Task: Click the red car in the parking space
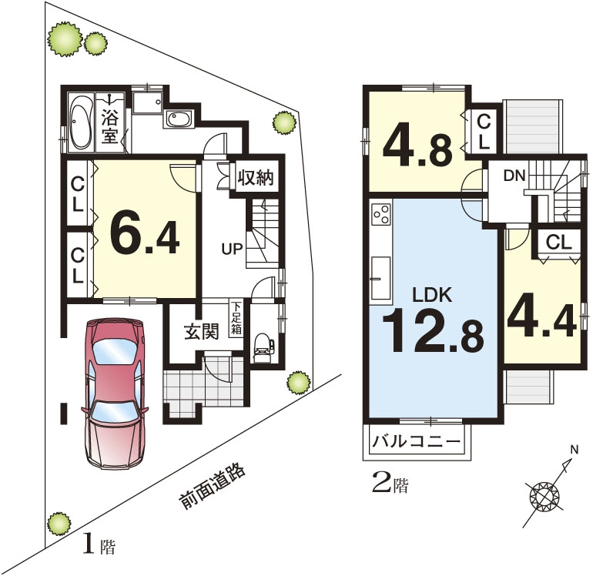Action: point(115,393)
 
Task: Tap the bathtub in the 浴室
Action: point(80,121)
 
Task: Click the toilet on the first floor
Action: point(263,346)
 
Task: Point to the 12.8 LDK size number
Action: point(432,333)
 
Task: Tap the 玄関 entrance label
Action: point(202,331)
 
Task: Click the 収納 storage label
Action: point(255,178)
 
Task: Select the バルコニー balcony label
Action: point(416,440)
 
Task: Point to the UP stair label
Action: point(232,249)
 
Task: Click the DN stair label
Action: point(514,176)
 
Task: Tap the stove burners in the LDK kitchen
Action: point(381,215)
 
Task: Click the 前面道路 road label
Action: point(212,487)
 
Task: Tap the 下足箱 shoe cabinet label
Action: point(236,319)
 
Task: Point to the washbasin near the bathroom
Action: point(179,119)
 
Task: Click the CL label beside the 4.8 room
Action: point(484,132)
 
